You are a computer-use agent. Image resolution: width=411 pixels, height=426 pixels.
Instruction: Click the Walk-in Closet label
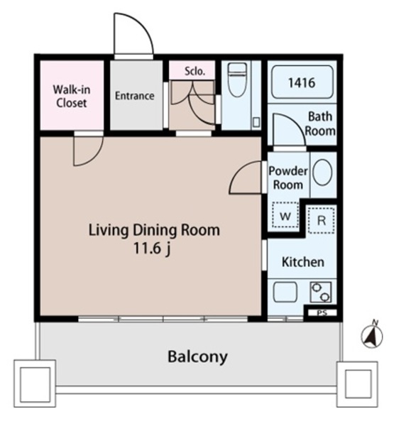pos(71,96)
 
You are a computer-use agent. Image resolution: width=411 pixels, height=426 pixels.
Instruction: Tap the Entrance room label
pos(134,96)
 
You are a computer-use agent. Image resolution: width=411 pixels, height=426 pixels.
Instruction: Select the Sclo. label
pos(194,71)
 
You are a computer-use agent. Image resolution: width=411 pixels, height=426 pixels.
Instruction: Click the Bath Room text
pos(320,124)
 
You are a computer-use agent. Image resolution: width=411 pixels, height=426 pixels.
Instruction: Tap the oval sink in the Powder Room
pos(322,172)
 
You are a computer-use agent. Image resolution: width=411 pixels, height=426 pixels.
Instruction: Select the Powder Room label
pos(287,178)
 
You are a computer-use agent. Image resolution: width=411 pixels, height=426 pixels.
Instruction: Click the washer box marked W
pos(285,215)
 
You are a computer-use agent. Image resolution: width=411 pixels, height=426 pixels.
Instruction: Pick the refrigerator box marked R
pos(321,220)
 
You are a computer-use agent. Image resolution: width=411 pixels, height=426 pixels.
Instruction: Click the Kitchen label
pos(303,262)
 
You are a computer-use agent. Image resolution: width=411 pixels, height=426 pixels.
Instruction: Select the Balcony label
pos(197,356)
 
